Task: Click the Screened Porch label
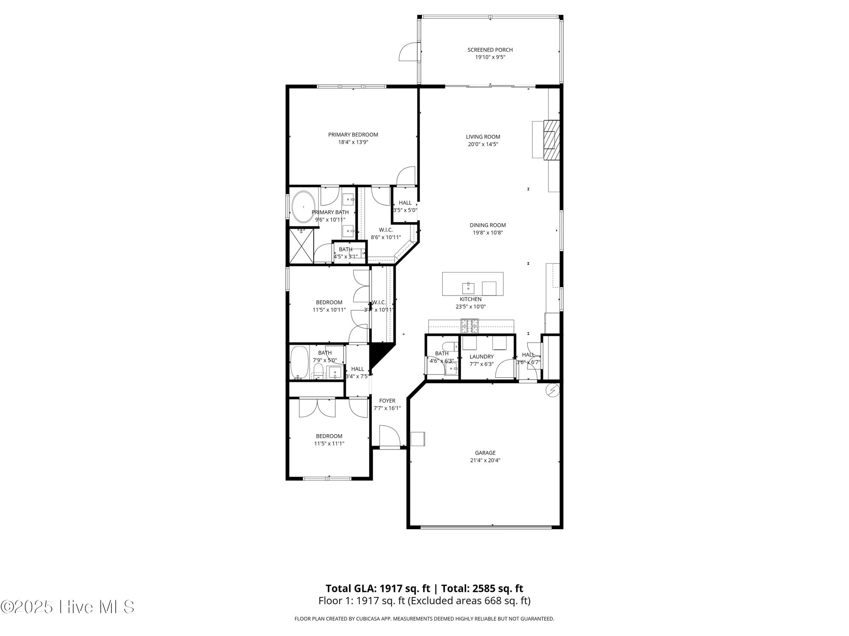pyautogui.click(x=490, y=50)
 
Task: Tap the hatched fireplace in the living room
pyautogui.click(x=552, y=140)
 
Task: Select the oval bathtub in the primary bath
pyautogui.click(x=303, y=207)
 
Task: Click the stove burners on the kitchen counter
pyautogui.click(x=469, y=326)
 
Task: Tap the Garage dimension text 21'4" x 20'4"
pyautogui.click(x=485, y=460)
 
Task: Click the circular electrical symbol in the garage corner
pyautogui.click(x=552, y=390)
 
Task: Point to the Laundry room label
pyautogui.click(x=481, y=357)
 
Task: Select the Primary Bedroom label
pyautogui.click(x=353, y=135)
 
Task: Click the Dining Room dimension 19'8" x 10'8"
pyautogui.click(x=488, y=232)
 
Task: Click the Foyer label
pyautogui.click(x=387, y=401)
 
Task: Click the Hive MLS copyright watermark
pyautogui.click(x=68, y=607)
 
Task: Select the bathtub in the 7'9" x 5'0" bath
pyautogui.click(x=299, y=363)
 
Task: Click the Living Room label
pyautogui.click(x=483, y=137)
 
